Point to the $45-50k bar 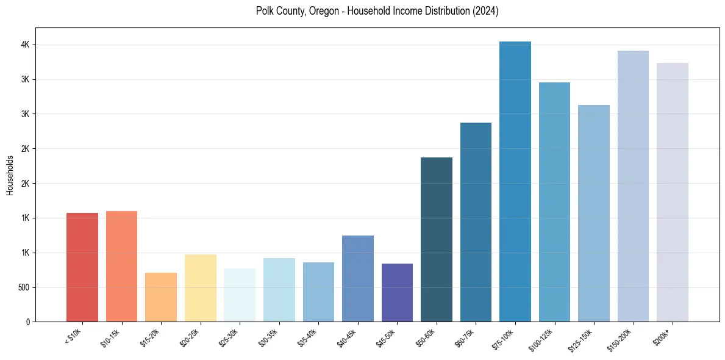point(397,292)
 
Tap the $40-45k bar point(357,278)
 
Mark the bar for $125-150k point(593,213)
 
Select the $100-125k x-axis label point(541,338)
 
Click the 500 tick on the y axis point(23,287)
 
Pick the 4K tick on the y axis point(26,45)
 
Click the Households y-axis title point(10,175)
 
